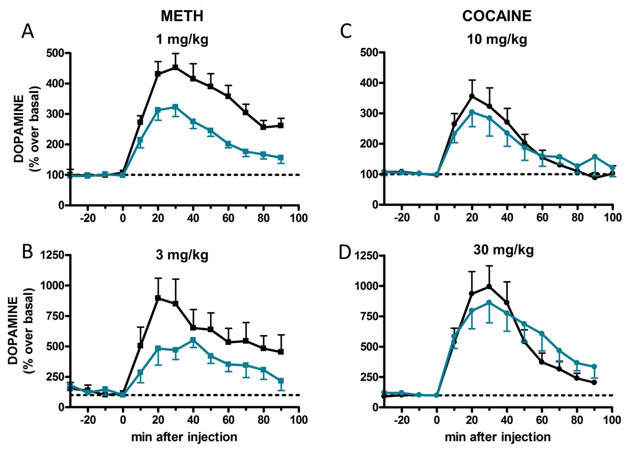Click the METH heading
[182, 16]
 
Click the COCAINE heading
[497, 16]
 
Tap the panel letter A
[28, 32]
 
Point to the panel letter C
[346, 32]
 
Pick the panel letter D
[345, 252]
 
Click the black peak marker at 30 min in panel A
[175, 67]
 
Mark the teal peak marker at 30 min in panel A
[175, 107]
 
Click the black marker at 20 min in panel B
[158, 298]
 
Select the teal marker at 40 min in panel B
[193, 340]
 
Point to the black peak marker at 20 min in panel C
[472, 96]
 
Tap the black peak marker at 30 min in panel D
[489, 286]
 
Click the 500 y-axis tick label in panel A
[55, 53]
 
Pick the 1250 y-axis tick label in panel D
[366, 256]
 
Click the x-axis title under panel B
[184, 437]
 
